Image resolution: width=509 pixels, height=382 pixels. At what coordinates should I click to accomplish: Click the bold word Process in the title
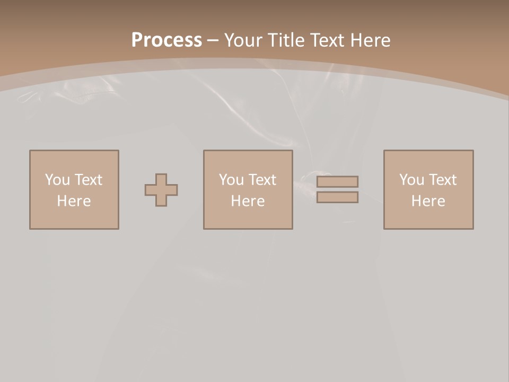pyautogui.click(x=166, y=40)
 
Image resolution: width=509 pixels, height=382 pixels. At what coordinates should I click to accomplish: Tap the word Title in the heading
pyautogui.click(x=286, y=40)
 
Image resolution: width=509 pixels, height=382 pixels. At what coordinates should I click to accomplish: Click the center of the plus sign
pyautogui.click(x=161, y=190)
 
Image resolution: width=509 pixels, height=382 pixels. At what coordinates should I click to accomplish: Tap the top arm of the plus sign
pyautogui.click(x=161, y=179)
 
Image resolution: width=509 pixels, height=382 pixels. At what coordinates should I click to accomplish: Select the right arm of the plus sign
pyautogui.click(x=172, y=190)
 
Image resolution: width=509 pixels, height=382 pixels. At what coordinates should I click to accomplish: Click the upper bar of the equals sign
pyautogui.click(x=337, y=181)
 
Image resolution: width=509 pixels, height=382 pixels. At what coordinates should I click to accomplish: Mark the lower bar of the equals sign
pyautogui.click(x=337, y=197)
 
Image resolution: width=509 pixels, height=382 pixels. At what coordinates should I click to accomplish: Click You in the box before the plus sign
pyautogui.click(x=57, y=180)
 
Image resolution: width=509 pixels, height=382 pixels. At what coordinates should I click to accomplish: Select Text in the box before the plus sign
pyautogui.click(x=87, y=180)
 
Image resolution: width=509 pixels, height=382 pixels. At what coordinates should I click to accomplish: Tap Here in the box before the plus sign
pyautogui.click(x=74, y=201)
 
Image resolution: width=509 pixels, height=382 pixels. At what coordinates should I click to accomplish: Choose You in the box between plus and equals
pyautogui.click(x=231, y=180)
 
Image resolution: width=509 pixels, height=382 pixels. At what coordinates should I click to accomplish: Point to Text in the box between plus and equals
pyautogui.click(x=261, y=180)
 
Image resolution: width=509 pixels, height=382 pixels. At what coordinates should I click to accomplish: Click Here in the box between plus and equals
pyautogui.click(x=248, y=201)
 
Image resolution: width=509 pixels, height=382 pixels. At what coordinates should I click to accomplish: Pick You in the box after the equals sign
pyautogui.click(x=411, y=180)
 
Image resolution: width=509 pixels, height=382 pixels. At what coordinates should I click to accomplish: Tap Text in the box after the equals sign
pyautogui.click(x=442, y=180)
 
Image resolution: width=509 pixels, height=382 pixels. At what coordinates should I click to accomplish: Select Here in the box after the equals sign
pyautogui.click(x=428, y=201)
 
